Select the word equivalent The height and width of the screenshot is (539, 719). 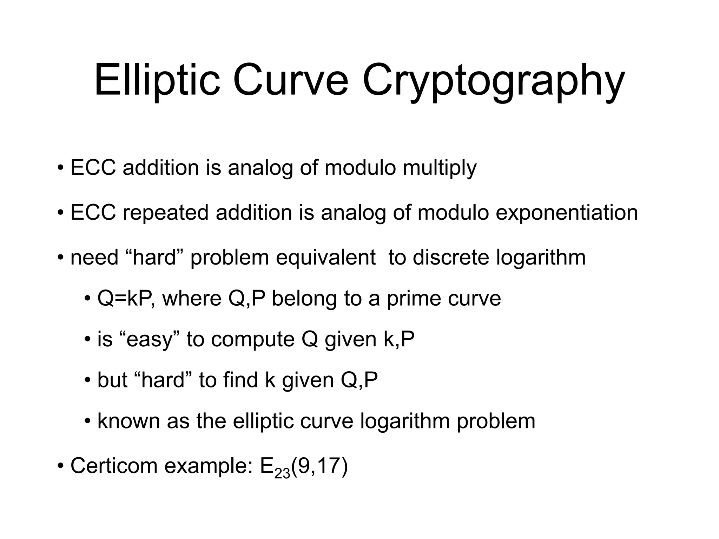coord(325,258)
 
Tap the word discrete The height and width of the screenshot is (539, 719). coord(450,258)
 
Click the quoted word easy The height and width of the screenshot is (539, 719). coord(150,340)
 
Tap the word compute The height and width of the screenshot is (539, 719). coord(253,340)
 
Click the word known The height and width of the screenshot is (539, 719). coord(128,421)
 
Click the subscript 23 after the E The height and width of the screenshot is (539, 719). coord(282,474)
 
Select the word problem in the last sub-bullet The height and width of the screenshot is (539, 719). coord(496,421)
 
